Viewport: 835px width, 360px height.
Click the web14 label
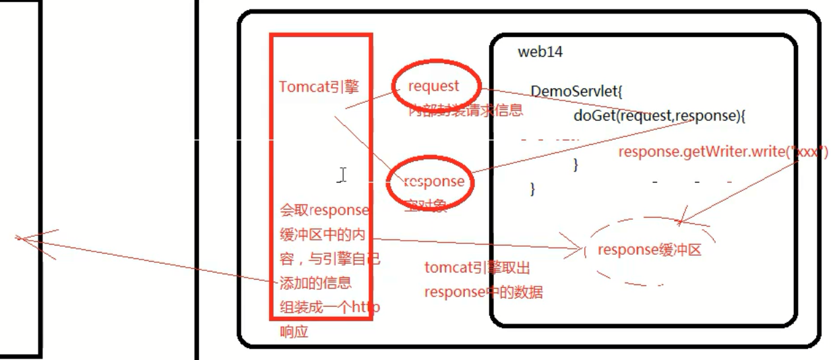tap(540, 52)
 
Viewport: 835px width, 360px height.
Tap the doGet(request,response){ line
tap(660, 115)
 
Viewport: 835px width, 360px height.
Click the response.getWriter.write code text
tap(721, 152)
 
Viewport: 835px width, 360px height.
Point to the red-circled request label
tap(434, 86)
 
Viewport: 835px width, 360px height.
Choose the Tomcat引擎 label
tap(319, 87)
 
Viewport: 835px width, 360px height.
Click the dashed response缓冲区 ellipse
tap(650, 250)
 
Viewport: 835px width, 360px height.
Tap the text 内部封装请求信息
tap(465, 111)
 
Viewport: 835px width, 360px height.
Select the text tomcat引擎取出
tap(477, 268)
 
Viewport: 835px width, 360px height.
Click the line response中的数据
tap(483, 292)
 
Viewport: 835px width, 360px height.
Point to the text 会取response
tap(323, 210)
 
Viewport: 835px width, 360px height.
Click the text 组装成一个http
tap(329, 307)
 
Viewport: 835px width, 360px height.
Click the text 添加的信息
tap(315, 282)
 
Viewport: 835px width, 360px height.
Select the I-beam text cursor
tap(343, 175)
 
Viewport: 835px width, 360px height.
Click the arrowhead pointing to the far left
tap(20, 237)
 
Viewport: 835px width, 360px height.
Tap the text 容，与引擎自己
tap(328, 258)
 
